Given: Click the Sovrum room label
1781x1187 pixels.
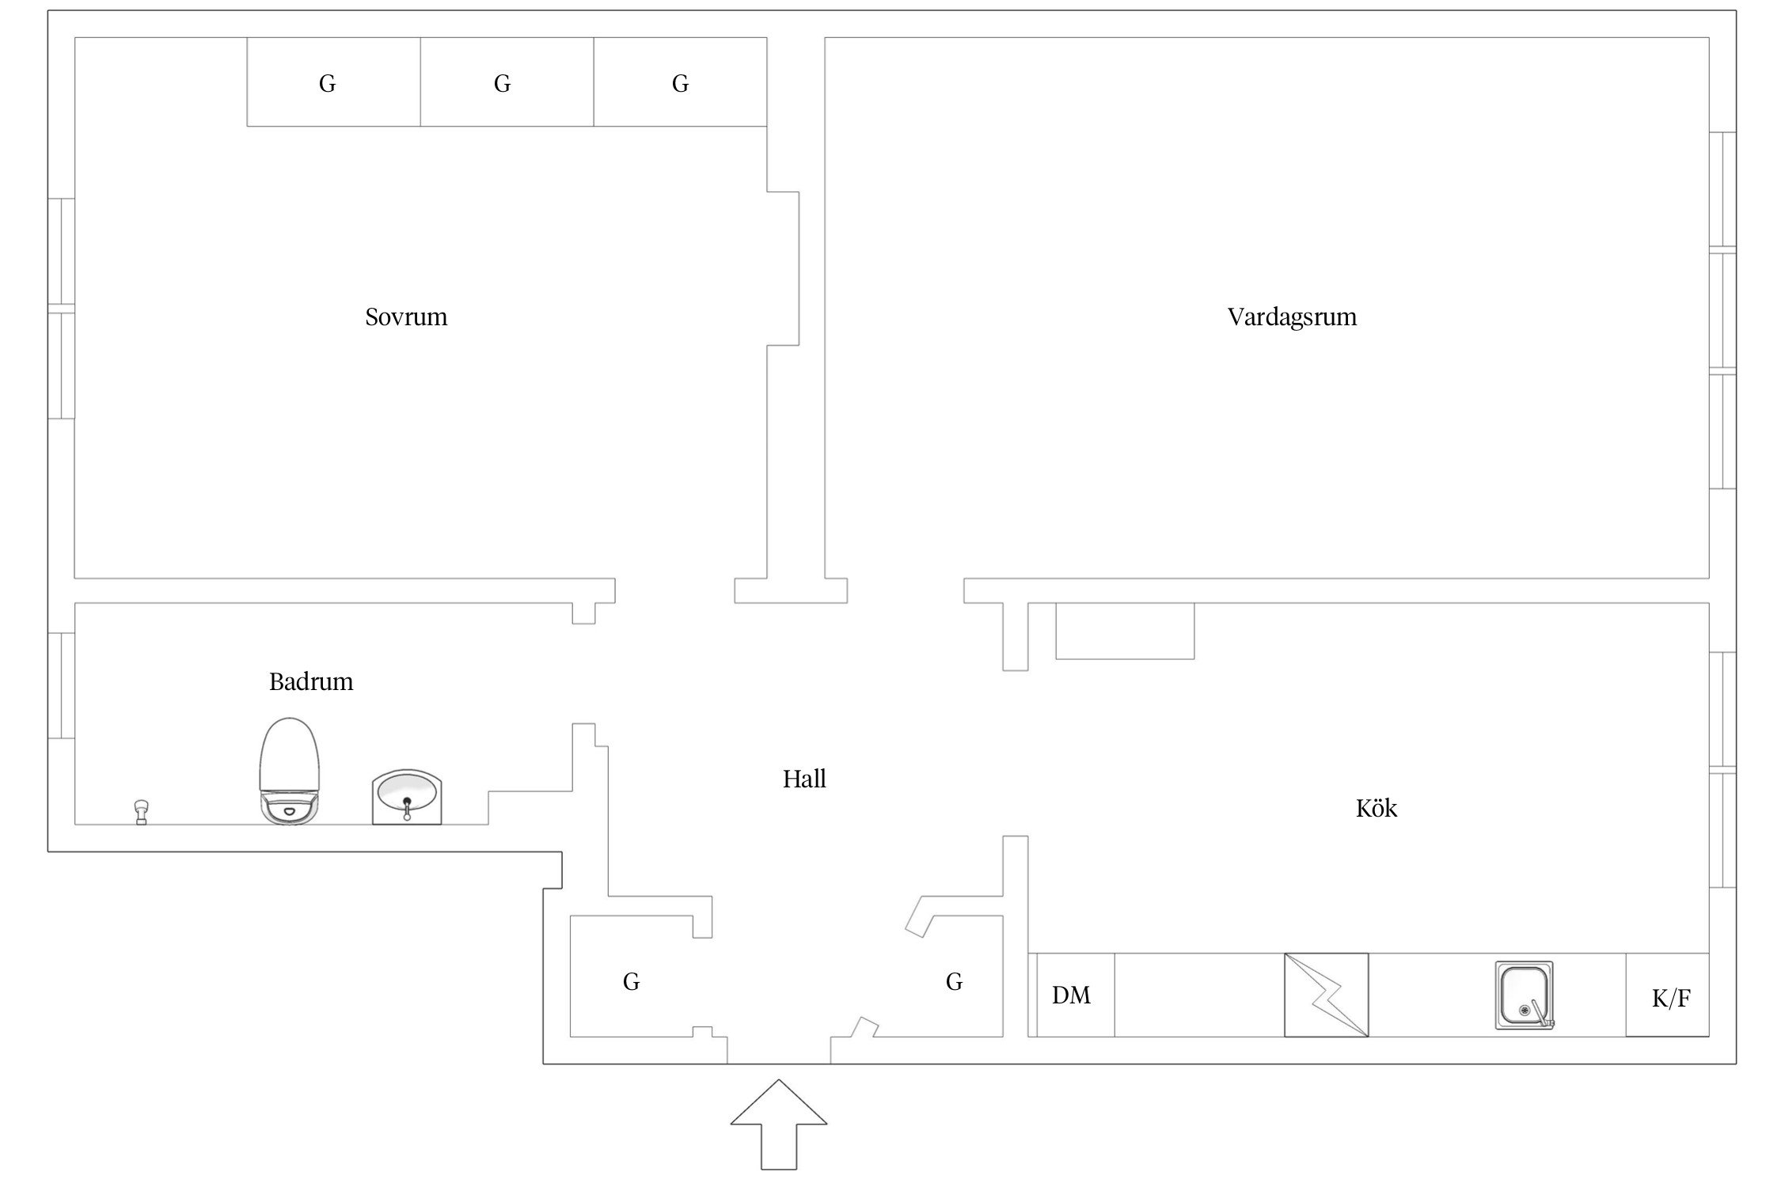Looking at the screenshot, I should point(406,317).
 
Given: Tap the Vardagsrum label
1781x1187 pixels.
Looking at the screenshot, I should point(1292,317).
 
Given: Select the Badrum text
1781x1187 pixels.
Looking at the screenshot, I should point(311,681).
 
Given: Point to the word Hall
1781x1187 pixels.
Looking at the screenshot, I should point(804,779).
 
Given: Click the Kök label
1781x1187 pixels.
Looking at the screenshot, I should point(1377,809).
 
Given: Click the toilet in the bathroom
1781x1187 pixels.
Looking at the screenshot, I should point(290,771).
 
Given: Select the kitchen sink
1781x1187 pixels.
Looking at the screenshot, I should point(1524,995).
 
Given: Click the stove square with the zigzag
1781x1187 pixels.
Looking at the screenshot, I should point(1326,995).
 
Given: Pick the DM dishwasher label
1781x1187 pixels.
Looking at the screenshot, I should point(1071,995).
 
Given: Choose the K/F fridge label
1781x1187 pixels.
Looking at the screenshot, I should point(1671,999).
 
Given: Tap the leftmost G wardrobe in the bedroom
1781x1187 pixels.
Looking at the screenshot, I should point(328,83).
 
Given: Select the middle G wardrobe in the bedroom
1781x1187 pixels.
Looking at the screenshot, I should point(503,83).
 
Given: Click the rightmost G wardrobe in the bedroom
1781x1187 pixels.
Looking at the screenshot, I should point(681,83).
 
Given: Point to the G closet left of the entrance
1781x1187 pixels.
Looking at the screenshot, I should point(631,982).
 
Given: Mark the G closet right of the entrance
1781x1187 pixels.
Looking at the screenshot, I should point(955,982).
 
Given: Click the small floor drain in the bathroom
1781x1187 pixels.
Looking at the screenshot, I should point(142,811).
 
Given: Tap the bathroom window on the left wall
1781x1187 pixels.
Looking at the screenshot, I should point(62,685).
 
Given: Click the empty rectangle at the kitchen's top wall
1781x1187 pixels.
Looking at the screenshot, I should point(1125,631).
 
